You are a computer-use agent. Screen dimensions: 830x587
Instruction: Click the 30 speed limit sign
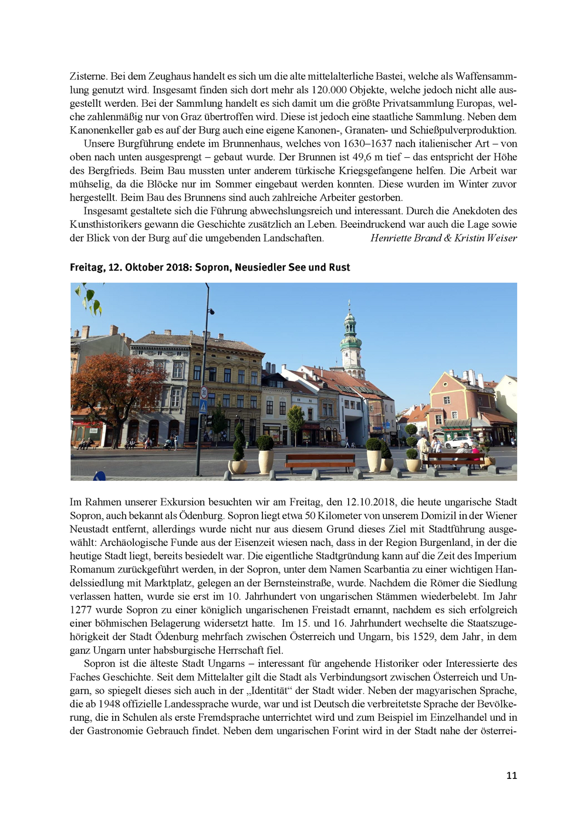pyautogui.click(x=204, y=393)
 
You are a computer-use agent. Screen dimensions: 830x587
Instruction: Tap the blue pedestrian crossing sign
pyautogui.click(x=203, y=406)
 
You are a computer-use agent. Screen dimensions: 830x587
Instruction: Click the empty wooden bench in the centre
pyautogui.click(x=320, y=461)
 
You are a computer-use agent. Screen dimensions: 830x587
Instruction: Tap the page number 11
pyautogui.click(x=511, y=775)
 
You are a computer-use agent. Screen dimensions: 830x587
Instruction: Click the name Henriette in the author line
pyautogui.click(x=392, y=238)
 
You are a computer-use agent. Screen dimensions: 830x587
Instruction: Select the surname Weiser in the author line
pyautogui.click(x=501, y=238)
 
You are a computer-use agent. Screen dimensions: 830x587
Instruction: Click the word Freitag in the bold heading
pyautogui.click(x=87, y=267)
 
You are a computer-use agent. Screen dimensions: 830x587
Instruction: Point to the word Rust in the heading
pyautogui.click(x=339, y=267)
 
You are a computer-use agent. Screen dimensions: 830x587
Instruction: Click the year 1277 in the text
pyautogui.click(x=81, y=610)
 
